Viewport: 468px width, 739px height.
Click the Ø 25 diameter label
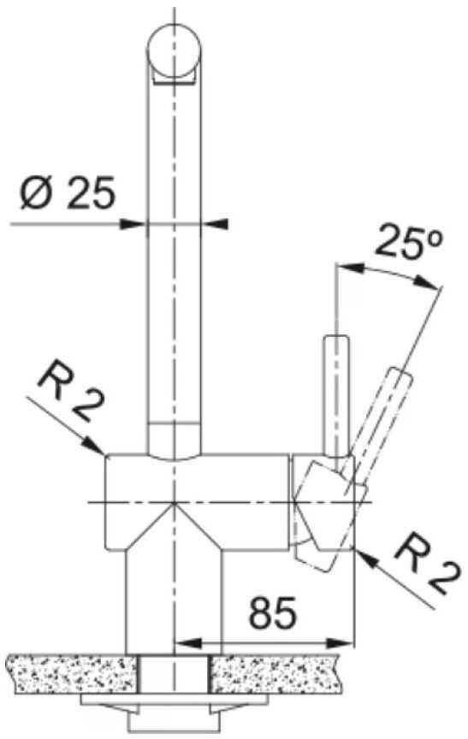[68, 193]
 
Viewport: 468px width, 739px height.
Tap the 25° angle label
[409, 242]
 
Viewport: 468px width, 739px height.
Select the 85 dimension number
[273, 612]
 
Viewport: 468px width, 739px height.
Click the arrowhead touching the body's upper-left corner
[94, 446]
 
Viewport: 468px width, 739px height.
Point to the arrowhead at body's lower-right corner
[368, 559]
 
